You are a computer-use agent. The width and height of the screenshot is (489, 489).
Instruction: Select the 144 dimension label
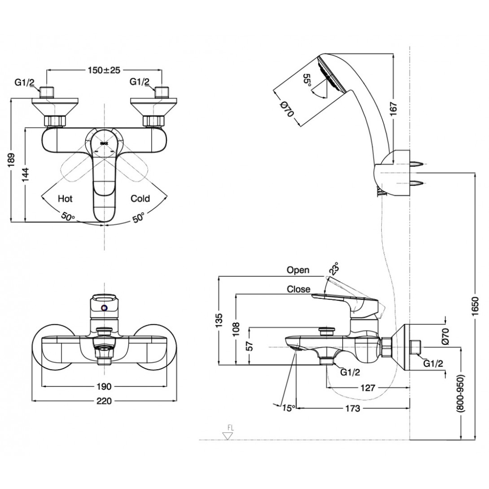click(28, 173)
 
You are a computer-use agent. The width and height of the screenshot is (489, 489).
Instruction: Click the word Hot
click(65, 198)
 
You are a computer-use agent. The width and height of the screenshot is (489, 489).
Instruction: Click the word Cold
click(140, 198)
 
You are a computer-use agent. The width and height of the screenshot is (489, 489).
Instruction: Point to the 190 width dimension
click(105, 387)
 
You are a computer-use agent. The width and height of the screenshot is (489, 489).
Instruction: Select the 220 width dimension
click(105, 402)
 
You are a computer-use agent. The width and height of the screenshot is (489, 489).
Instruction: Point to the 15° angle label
click(288, 408)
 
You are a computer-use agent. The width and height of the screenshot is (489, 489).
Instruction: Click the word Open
click(298, 270)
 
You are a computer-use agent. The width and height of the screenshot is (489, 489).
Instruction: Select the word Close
click(299, 289)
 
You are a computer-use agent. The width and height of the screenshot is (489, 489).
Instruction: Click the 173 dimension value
click(354, 408)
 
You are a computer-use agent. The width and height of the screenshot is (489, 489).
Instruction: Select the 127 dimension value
click(367, 388)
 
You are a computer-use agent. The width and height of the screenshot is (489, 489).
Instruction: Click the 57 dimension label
click(250, 346)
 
